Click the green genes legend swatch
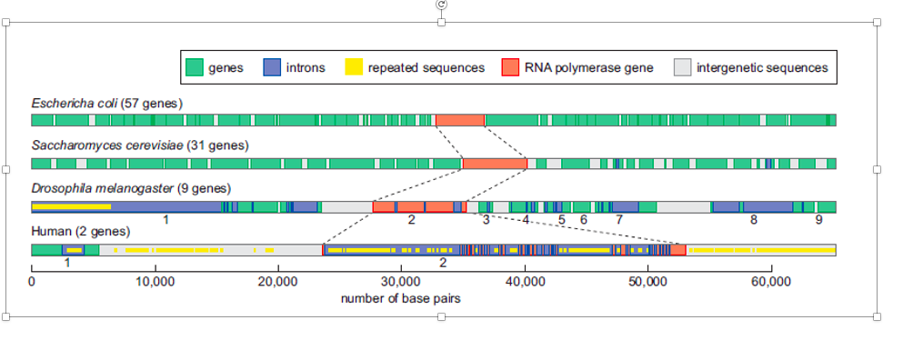tap(194, 67)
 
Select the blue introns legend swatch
tap(271, 67)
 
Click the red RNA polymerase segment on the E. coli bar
tap(460, 120)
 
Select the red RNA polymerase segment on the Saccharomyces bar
tap(495, 164)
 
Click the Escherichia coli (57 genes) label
tap(107, 104)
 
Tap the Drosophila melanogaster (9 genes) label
tap(131, 188)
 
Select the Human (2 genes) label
tap(71, 231)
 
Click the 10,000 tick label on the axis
tap(155, 281)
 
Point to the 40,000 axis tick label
tap(525, 281)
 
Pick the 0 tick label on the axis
tap(32, 281)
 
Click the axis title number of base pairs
tap(401, 297)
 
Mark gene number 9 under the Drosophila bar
tap(818, 219)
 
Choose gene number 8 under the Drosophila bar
tap(753, 219)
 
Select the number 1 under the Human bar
tap(67, 262)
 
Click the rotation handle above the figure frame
tap(441, 5)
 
